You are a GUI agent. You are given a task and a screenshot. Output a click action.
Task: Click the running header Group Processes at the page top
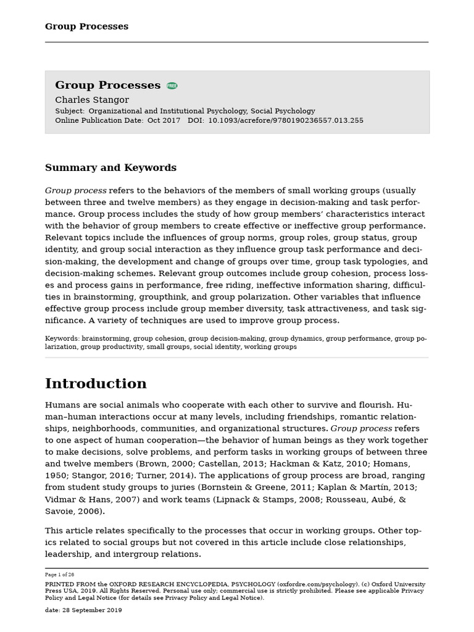click(86, 27)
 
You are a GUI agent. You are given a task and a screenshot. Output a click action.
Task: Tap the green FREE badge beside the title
click(172, 86)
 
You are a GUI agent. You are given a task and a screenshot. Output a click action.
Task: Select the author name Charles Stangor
click(92, 100)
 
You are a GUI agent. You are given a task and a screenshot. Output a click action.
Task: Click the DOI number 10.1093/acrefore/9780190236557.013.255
click(286, 121)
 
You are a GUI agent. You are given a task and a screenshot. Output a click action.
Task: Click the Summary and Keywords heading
click(110, 168)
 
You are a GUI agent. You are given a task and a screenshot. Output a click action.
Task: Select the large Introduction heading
click(96, 384)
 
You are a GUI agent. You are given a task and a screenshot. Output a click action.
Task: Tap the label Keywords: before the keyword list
click(62, 339)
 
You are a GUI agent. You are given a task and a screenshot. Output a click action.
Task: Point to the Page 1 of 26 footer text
click(59, 575)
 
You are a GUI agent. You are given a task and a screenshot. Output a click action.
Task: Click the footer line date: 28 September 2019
click(83, 610)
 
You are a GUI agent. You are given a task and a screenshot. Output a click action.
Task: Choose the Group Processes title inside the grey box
click(107, 85)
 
